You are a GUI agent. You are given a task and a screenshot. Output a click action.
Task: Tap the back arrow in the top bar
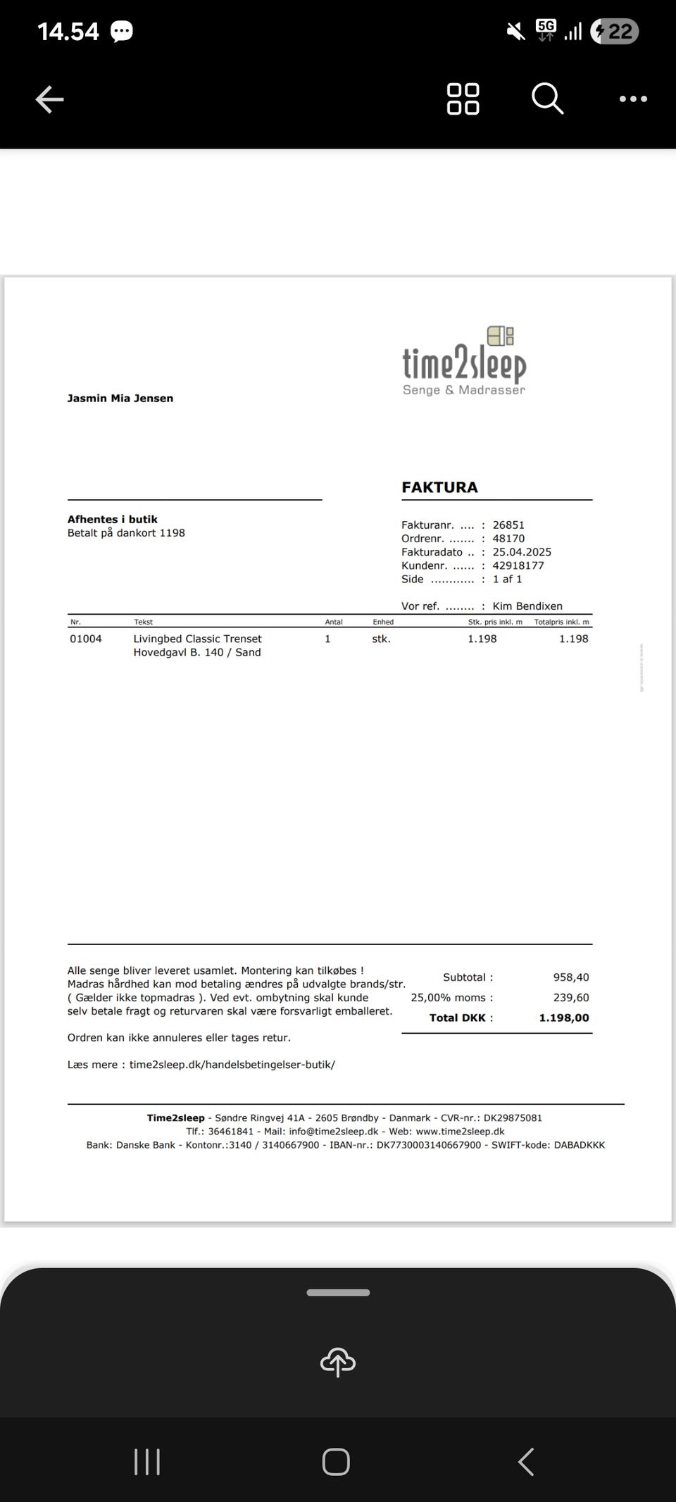[x=49, y=99]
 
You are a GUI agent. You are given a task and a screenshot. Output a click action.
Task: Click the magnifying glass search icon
[x=547, y=98]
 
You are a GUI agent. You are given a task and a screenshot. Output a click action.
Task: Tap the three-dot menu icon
[x=633, y=99]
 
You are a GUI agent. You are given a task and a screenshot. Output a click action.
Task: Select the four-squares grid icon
[x=463, y=99]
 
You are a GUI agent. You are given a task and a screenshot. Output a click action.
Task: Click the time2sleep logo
[x=464, y=361]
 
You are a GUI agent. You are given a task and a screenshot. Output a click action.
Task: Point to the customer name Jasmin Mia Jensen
[x=120, y=399]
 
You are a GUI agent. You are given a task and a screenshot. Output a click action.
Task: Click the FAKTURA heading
[x=439, y=487]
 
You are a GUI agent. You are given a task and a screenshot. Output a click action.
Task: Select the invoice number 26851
[x=508, y=525]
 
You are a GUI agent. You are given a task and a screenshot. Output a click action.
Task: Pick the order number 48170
[x=508, y=539]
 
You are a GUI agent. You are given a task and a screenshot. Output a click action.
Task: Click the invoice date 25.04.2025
[x=522, y=552]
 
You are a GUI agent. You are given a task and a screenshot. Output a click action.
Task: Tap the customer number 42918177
[x=518, y=565]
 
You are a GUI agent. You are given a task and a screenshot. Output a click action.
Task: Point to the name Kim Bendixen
[x=527, y=606]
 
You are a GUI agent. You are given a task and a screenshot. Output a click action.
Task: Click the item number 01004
[x=86, y=639]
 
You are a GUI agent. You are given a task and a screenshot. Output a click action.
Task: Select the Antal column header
[x=334, y=622]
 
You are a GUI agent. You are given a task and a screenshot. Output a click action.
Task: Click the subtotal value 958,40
[x=571, y=977]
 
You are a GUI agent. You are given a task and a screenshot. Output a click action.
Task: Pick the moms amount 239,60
[x=571, y=998]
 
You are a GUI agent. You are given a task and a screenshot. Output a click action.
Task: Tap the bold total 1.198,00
[x=564, y=1018]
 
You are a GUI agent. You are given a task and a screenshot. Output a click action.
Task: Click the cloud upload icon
[x=338, y=1363]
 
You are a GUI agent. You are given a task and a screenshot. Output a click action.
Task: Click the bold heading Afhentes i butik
[x=113, y=520]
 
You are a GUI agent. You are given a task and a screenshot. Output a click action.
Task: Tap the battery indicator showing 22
[x=614, y=32]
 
